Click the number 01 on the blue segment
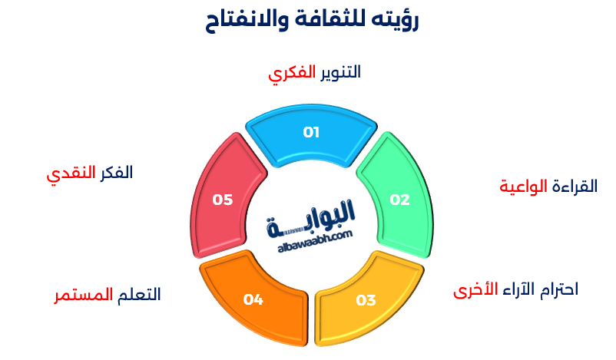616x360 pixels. [x=310, y=132]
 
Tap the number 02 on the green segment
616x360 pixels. [x=399, y=200]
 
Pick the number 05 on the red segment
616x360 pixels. [x=223, y=200]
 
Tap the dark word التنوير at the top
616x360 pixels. [x=340, y=73]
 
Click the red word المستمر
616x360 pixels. [x=82, y=296]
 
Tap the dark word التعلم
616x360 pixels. [x=138, y=296]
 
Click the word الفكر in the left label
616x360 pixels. [x=115, y=173]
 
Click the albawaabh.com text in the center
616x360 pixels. [x=313, y=238]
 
